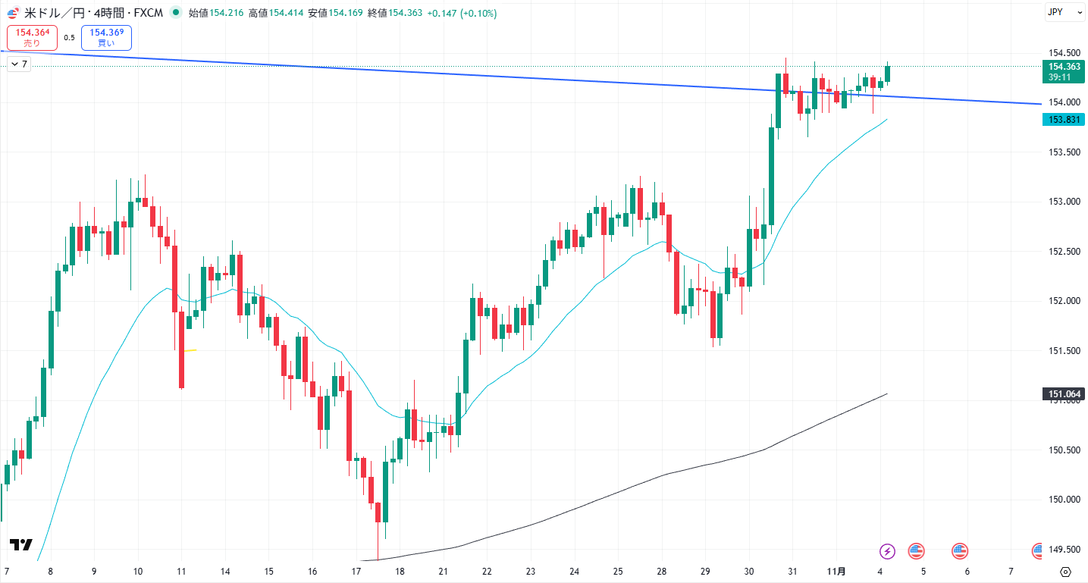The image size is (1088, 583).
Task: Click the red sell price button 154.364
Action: point(33,37)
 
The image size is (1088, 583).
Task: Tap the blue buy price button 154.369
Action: point(106,37)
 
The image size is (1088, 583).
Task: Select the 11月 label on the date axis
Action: point(836,571)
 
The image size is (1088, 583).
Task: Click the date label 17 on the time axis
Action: point(356,571)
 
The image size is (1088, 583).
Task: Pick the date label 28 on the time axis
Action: point(662,571)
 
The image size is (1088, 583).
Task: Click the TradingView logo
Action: point(21,544)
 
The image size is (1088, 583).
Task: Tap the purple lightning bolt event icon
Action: point(887,551)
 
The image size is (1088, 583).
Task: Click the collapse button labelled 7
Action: point(18,64)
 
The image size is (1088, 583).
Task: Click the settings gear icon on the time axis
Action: point(1065,572)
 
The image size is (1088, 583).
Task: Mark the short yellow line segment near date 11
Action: point(190,350)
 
